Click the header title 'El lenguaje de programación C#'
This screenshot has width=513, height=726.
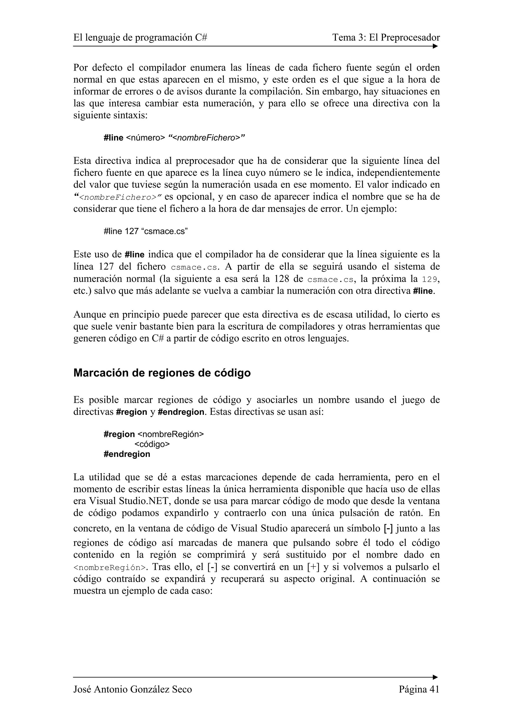pos(140,38)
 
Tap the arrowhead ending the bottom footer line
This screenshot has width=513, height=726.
pos(436,677)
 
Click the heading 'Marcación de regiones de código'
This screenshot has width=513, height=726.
pos(162,373)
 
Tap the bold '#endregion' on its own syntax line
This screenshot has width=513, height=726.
pos(127,454)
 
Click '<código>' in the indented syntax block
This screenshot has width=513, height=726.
pos(152,444)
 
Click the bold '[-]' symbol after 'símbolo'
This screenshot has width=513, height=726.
pos(388,528)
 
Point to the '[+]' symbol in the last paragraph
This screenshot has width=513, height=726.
pos(313,567)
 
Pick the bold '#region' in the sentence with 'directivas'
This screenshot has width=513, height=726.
pos(132,412)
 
